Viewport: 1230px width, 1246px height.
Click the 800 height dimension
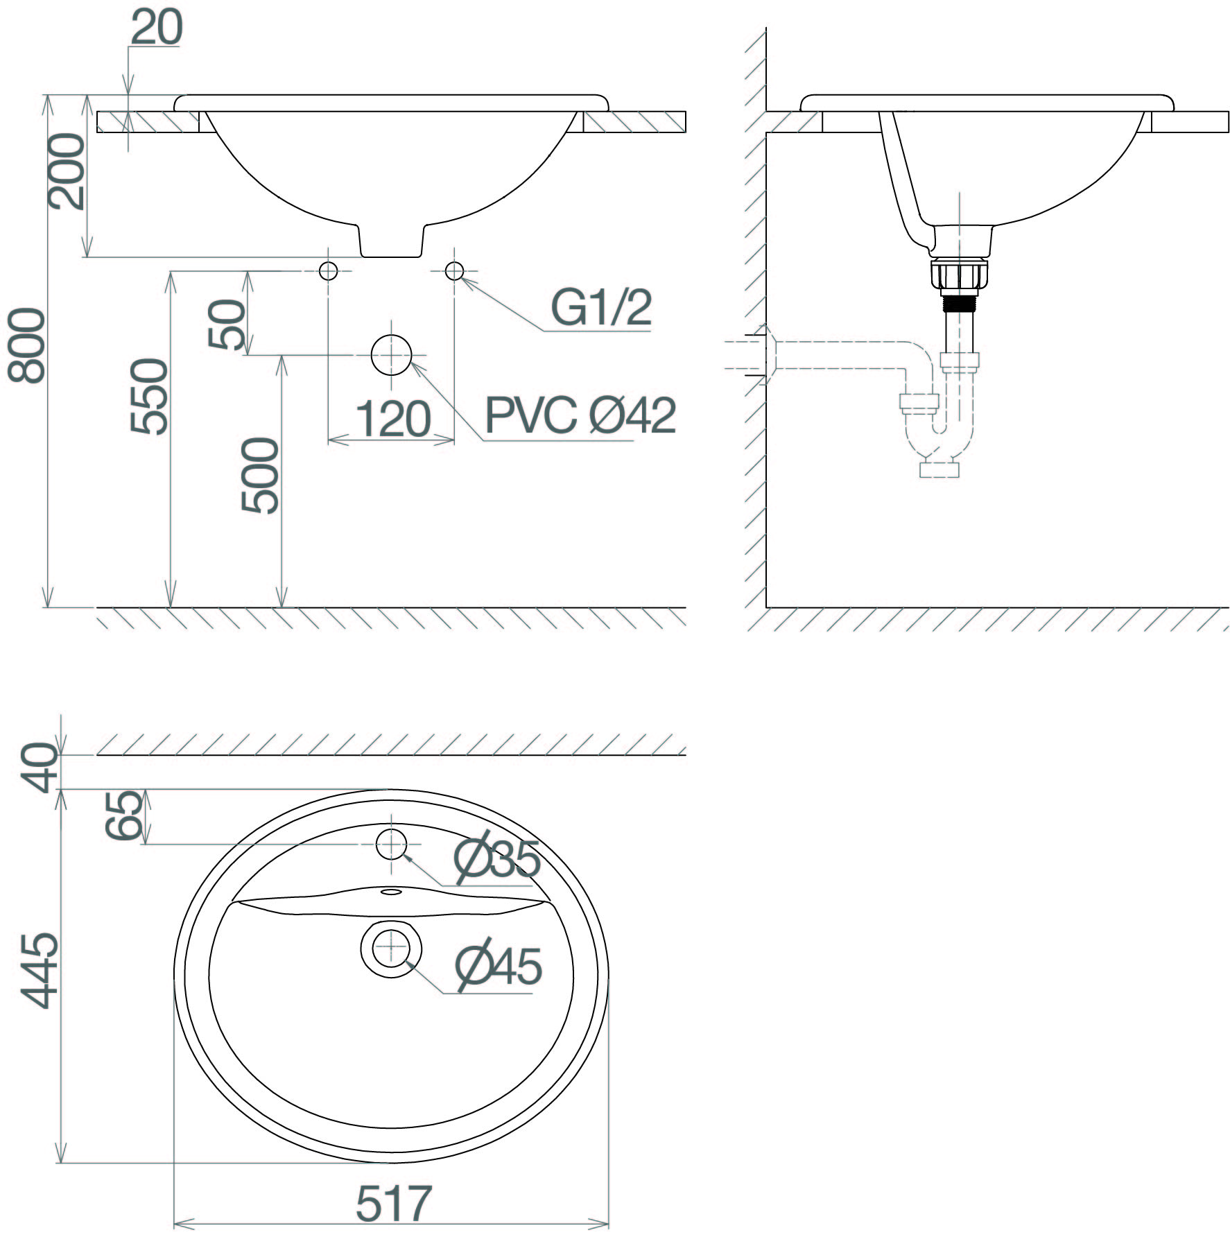[x=26, y=345]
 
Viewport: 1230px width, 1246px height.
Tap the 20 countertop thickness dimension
[x=157, y=28]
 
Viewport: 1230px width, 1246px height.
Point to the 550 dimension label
[x=150, y=396]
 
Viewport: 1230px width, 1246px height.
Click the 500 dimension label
[x=260, y=475]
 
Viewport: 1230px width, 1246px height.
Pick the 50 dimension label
[x=227, y=324]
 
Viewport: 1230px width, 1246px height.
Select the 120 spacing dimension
[x=393, y=419]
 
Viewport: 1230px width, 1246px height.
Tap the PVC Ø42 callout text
[x=580, y=415]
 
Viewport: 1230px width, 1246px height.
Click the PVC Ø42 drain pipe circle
[x=391, y=354]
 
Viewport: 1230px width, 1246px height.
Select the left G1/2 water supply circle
[x=328, y=270]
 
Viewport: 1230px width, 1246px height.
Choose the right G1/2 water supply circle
[x=454, y=270]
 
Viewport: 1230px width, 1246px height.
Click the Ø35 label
[x=497, y=859]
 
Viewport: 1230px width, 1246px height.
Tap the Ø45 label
[x=499, y=966]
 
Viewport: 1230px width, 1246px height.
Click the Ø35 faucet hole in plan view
[x=391, y=844]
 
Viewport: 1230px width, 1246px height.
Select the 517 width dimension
[x=393, y=1203]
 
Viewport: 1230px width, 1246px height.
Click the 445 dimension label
[x=39, y=970]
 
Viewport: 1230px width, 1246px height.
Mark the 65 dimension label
[x=125, y=816]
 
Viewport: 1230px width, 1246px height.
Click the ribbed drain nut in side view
[x=960, y=275]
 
